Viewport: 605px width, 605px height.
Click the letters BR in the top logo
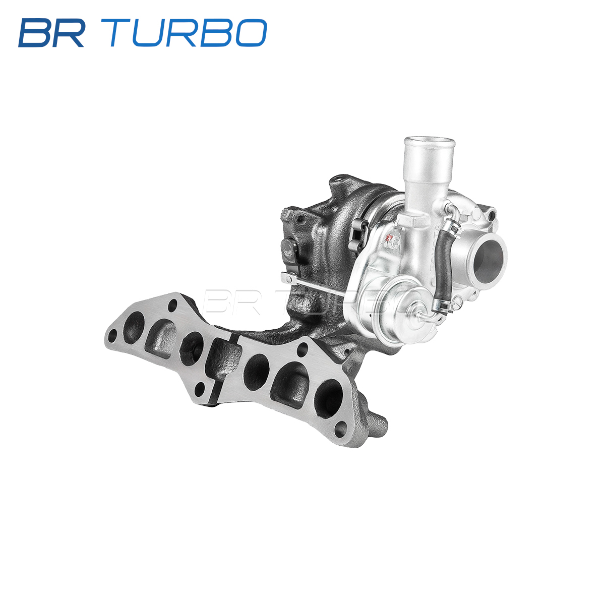tap(51, 33)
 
